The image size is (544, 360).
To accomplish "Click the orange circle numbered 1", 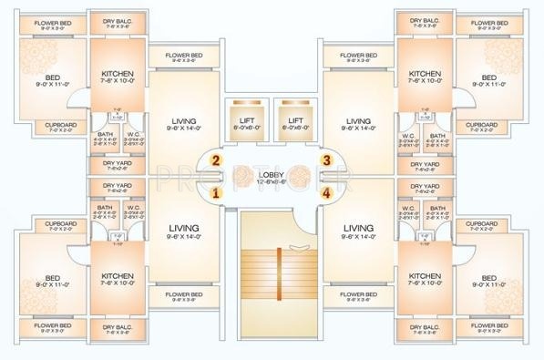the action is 217,192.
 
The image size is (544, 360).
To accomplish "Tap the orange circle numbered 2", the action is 217,160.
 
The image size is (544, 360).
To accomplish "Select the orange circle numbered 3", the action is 326,160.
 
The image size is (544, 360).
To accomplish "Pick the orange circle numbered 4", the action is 326,192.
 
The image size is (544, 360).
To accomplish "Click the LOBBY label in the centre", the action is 272,173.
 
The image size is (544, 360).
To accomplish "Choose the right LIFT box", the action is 295,120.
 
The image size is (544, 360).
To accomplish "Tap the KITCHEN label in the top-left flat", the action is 117,73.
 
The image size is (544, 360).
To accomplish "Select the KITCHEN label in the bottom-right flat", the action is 425,275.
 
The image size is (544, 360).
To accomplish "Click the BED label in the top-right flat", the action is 488,77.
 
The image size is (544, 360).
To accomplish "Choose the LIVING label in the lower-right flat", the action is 358,228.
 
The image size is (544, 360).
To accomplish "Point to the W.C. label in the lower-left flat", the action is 133,208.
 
